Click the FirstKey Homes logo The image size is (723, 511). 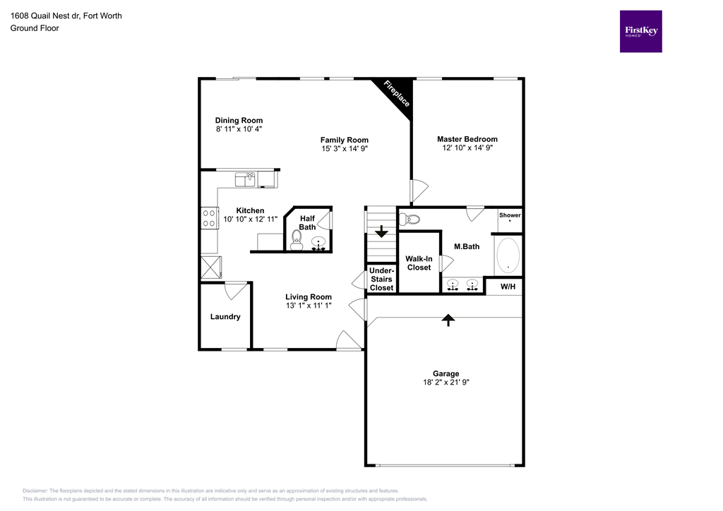tap(640, 31)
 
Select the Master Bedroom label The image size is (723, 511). tap(467, 139)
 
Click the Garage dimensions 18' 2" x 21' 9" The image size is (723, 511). tap(446, 382)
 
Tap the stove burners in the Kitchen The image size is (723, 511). tap(209, 217)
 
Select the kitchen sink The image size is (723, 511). tap(245, 179)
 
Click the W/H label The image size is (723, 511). tap(508, 287)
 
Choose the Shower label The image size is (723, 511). tap(509, 215)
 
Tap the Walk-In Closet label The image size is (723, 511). tap(419, 263)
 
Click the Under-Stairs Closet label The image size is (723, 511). tap(381, 279)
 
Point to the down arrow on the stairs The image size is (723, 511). tap(381, 232)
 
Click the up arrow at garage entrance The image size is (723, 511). tap(448, 320)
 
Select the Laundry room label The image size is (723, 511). tap(225, 317)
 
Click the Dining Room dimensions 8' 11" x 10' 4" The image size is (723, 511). tap(239, 129)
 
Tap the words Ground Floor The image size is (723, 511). tap(34, 28)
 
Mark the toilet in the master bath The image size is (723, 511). tap(412, 219)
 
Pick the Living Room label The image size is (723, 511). tap(308, 297)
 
